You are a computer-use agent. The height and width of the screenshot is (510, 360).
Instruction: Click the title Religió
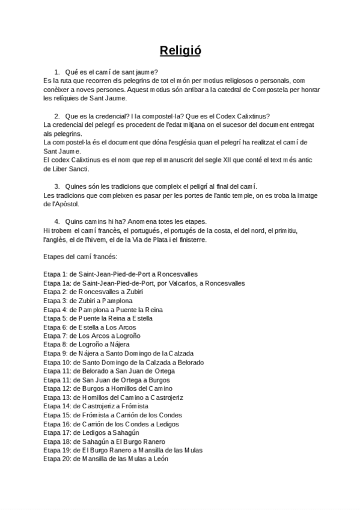pos(180,50)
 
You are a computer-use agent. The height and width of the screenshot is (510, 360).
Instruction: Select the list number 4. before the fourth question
pos(57,221)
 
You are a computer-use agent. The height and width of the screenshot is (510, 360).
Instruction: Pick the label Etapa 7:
pos(55,336)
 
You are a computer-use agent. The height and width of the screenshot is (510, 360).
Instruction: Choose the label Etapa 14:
pos(56,406)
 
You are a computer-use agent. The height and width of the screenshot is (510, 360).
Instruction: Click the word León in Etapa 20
pos(160,459)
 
